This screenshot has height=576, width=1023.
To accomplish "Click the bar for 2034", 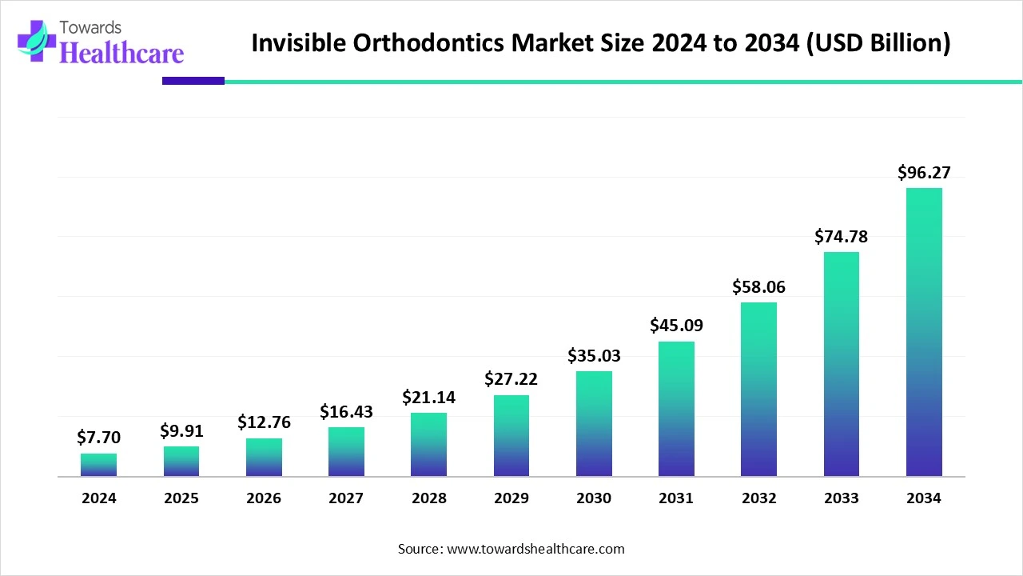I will [924, 332].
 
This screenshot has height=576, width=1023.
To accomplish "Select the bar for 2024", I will [98, 465].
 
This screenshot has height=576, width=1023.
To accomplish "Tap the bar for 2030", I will [594, 424].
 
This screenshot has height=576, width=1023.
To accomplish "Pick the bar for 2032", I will [758, 390].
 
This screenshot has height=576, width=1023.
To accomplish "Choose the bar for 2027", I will [346, 452].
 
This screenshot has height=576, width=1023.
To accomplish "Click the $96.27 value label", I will [924, 172].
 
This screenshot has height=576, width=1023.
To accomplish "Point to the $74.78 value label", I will [841, 236].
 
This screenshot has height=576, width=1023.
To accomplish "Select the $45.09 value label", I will [676, 326].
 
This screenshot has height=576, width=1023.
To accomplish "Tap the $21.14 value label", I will [428, 397].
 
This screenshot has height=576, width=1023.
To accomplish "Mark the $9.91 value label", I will [181, 431].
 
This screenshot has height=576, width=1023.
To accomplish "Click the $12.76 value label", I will [264, 422].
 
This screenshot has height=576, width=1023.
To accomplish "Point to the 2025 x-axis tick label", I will [181, 498].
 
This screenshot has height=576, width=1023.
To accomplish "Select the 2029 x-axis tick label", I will [511, 498].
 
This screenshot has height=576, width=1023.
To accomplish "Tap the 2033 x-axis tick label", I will [841, 498].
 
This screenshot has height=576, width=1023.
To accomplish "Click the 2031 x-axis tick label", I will [676, 498].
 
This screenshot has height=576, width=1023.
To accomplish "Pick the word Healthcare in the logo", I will [121, 53].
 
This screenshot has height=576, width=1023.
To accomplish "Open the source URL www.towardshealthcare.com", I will [535, 550].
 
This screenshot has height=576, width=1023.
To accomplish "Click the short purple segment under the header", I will [193, 81].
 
